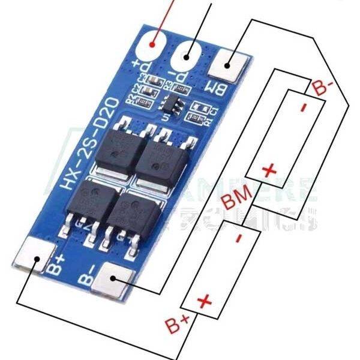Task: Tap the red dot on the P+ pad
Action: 154,43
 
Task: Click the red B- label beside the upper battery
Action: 323,88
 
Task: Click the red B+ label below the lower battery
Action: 177,326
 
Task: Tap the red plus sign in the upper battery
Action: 269,170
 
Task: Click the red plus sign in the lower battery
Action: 204,299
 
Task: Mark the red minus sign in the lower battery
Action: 239,238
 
